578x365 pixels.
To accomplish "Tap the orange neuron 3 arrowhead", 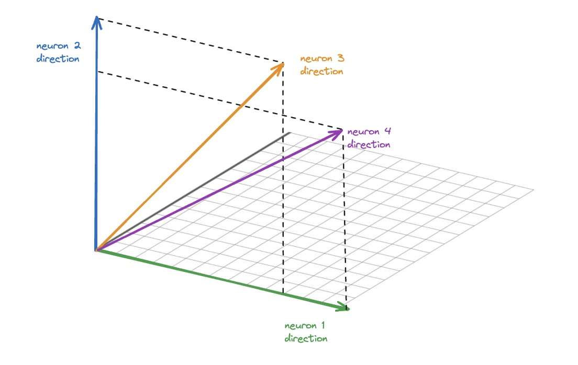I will tap(280, 66).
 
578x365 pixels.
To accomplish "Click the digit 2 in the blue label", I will tap(77, 45).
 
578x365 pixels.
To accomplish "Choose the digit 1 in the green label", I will tap(323, 326).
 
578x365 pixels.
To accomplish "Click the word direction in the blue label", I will tap(58, 59).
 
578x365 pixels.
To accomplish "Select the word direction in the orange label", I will tap(321, 72).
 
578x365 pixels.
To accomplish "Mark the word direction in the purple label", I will tap(369, 145).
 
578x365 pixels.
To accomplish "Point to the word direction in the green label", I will tap(306, 339).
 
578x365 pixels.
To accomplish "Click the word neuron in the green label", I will tap(300, 326).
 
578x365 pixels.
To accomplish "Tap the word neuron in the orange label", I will tap(315, 59).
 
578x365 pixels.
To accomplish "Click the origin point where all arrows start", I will tap(96, 250).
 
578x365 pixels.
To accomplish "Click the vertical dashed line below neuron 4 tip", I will tap(343, 220).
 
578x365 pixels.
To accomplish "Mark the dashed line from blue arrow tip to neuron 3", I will tap(188, 41).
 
